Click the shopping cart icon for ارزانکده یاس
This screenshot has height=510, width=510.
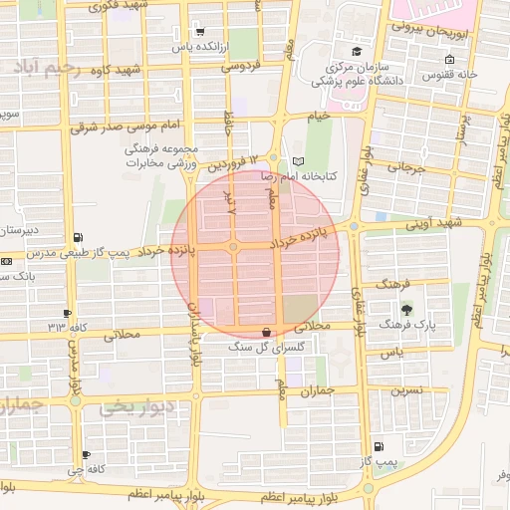pos(199,31)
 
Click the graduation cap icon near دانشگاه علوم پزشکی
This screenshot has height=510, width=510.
pos(357,51)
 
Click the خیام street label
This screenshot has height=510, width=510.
pos(318,117)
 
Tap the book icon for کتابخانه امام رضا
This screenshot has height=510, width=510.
pos(299,161)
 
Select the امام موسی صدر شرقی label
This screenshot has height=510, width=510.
pos(124,127)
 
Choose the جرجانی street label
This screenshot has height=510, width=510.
pos(405,168)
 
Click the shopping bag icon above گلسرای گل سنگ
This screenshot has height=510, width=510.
pos(266,331)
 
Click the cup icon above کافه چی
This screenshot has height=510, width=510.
pos(87,455)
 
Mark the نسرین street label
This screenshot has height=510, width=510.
pos(412,389)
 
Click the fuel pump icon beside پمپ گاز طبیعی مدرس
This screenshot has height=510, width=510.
pos(78,238)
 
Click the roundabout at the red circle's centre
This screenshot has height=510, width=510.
pos(233,246)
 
